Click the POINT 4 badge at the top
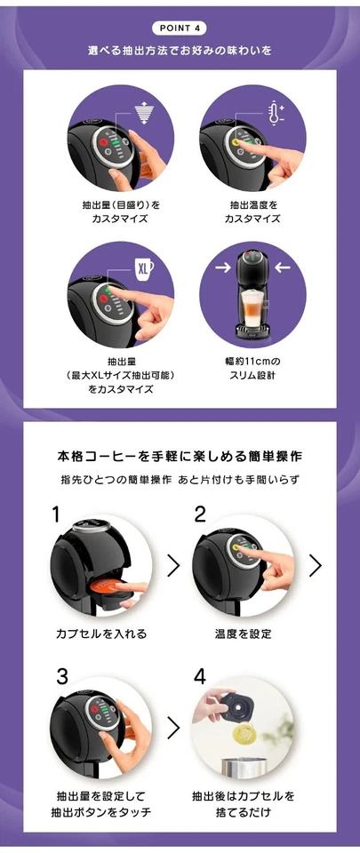pos(180,28)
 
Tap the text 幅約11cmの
pos(252,361)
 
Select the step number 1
pos(56,514)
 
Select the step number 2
pos(200,514)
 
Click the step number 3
pos(61,675)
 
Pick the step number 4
pos(201,675)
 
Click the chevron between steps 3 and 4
pos(173,729)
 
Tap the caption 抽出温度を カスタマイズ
pos(252,211)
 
